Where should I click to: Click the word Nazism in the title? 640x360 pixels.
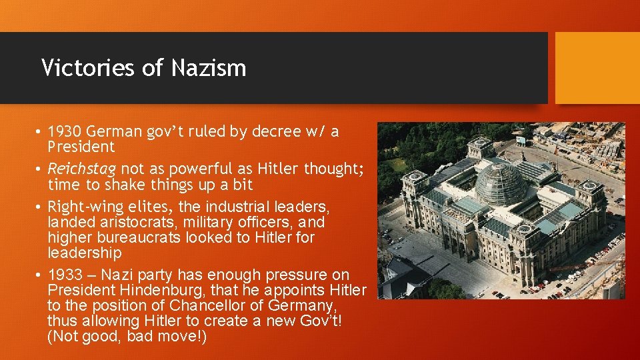[x=208, y=67]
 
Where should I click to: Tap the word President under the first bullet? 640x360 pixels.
[x=81, y=147]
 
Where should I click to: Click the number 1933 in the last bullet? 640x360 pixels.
[x=65, y=275]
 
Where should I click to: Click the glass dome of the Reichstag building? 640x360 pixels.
[x=502, y=181]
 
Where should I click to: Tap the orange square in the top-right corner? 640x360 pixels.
[x=597, y=67]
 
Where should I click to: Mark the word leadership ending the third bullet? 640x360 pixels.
[x=85, y=253]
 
